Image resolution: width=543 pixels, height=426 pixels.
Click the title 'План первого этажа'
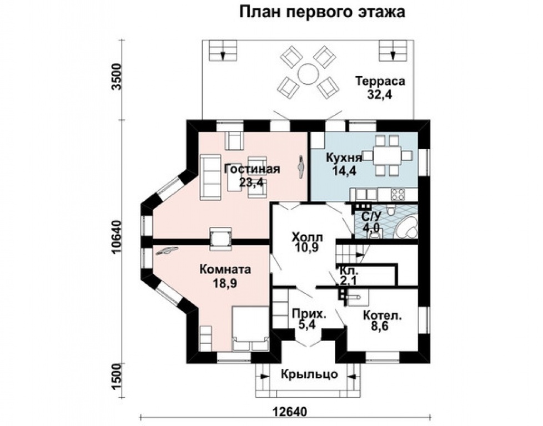tap(323, 12)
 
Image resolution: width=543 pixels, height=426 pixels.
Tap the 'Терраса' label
tap(380, 81)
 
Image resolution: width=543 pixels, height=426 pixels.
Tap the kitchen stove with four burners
tap(399, 194)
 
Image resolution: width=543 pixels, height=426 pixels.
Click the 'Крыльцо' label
tap(309, 374)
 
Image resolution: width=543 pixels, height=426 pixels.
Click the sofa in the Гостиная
tap(210, 176)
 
